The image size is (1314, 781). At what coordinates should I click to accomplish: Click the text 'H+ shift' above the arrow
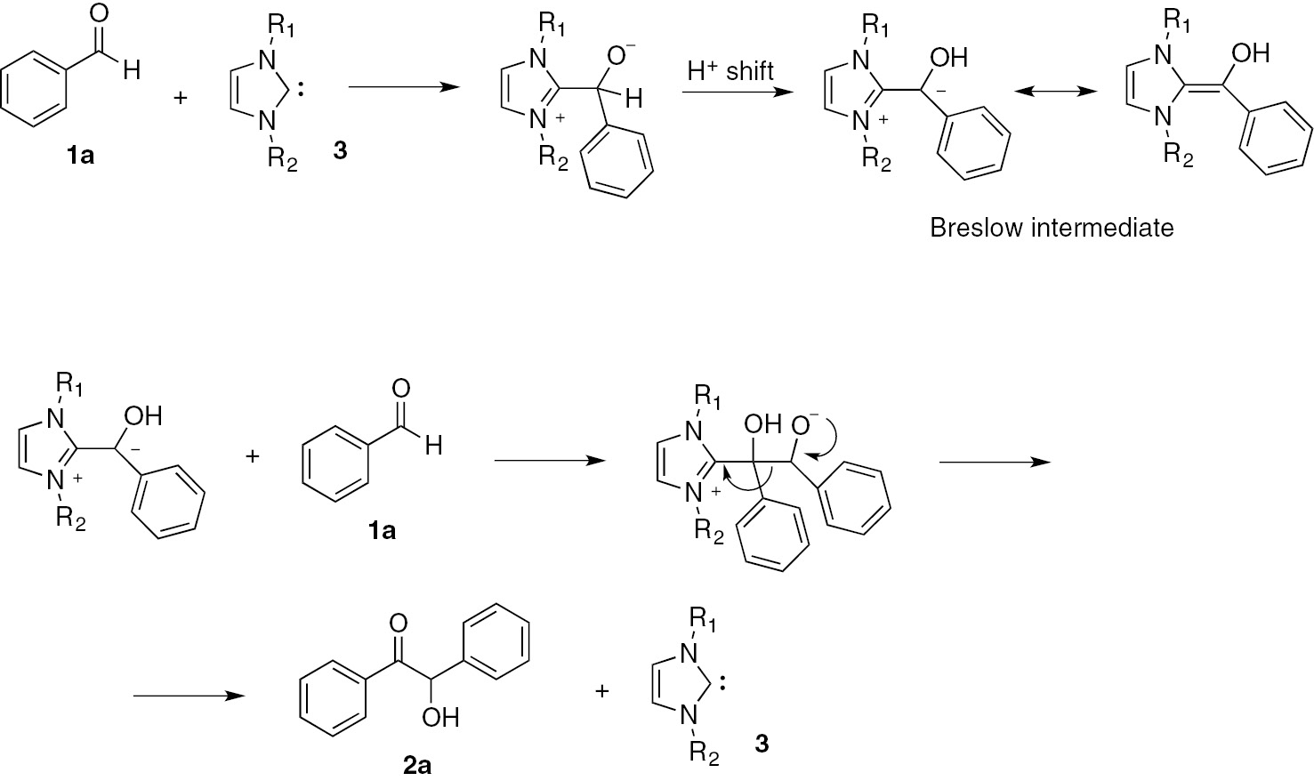tap(730, 71)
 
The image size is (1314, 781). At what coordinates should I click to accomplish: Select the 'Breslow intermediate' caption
tap(1052, 228)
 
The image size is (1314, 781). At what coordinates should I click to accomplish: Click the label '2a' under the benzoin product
tap(417, 764)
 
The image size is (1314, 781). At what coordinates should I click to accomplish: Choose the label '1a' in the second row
tap(382, 531)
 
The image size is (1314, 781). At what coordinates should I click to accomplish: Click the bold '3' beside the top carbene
tap(340, 150)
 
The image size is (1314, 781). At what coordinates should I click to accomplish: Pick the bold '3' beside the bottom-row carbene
tap(762, 744)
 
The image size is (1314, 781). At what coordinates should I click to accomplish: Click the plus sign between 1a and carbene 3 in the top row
tap(181, 97)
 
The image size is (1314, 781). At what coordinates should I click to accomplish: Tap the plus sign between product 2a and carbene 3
tap(602, 690)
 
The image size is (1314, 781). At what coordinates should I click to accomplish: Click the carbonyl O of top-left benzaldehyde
tap(100, 14)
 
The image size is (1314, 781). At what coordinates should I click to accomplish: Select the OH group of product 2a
tap(440, 717)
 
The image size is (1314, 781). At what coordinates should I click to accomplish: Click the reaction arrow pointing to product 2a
tap(189, 696)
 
